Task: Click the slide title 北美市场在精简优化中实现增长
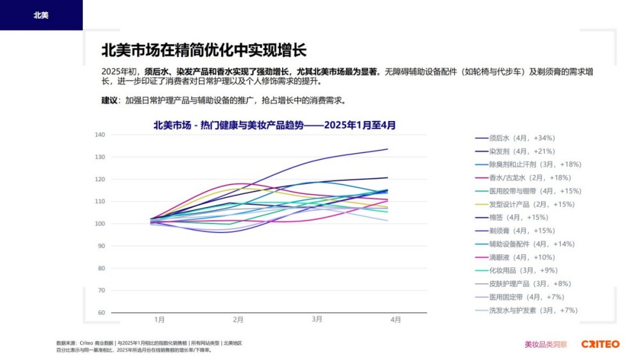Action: [x=204, y=50]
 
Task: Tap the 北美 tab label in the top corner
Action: [x=41, y=15]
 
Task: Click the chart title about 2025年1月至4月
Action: [x=274, y=126]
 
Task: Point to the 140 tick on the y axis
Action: [x=99, y=135]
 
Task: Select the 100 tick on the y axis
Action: [x=99, y=224]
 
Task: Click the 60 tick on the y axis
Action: [x=101, y=313]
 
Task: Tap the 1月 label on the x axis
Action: [x=160, y=319]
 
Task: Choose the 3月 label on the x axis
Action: [x=317, y=319]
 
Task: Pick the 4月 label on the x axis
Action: [x=396, y=319]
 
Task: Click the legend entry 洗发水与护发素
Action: [x=533, y=310]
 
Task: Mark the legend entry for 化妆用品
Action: [x=523, y=270]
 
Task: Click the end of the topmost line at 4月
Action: [x=388, y=149]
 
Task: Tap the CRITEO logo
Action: [x=600, y=344]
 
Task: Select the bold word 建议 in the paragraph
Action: [x=110, y=101]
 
